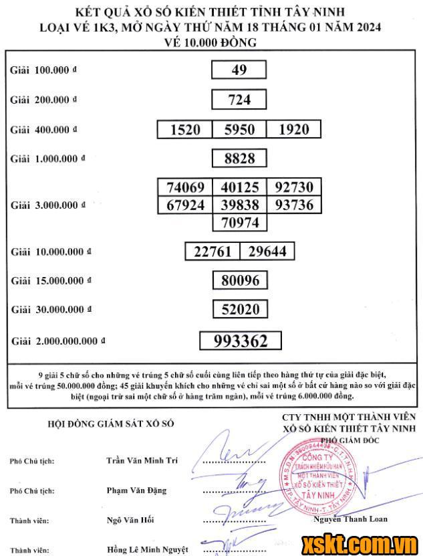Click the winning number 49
point(239,70)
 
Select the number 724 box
point(239,100)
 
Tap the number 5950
point(239,129)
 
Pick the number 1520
point(185,129)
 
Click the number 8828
point(239,158)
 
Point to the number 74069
point(185,187)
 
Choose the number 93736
point(293,205)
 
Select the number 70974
point(239,221)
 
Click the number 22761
point(213,251)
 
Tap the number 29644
point(267,251)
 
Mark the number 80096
point(240,280)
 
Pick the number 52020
point(240,309)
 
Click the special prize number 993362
point(241,341)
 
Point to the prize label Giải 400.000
point(43,130)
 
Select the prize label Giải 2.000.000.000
point(58,341)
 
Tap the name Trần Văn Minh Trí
point(144,461)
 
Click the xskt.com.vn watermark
point(359,542)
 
